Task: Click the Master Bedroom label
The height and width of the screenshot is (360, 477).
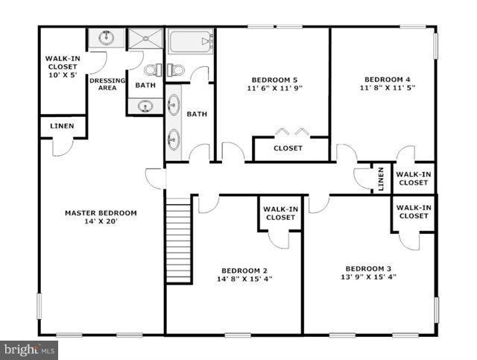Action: (101, 212)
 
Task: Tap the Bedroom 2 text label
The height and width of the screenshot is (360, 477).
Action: (244, 271)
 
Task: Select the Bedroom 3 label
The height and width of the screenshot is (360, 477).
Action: (368, 268)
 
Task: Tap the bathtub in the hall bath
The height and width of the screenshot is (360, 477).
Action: (191, 41)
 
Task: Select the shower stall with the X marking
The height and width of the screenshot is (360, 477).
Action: (145, 38)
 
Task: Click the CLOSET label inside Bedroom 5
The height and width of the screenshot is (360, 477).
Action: (288, 148)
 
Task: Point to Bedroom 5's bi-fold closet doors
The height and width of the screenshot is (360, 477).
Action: (288, 132)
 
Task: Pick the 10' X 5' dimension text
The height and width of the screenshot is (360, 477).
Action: (62, 75)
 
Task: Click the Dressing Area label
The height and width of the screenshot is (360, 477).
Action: (107, 84)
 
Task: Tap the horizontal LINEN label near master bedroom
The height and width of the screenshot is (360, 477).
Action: (62, 126)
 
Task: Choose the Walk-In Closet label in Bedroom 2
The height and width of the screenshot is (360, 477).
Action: (279, 213)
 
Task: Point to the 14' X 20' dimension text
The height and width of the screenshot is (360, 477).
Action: (101, 221)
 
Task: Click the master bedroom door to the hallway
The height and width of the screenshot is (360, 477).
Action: (155, 179)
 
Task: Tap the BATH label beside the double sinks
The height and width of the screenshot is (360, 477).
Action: (197, 114)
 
